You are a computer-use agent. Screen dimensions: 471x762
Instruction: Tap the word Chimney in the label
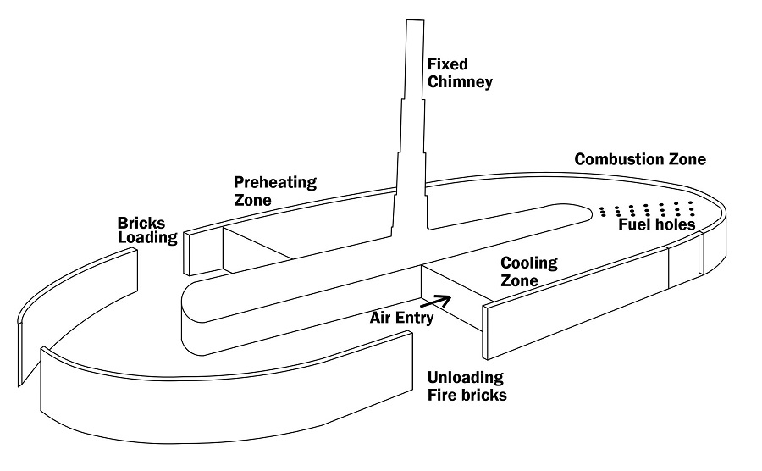(460, 82)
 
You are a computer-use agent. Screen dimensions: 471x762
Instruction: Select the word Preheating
(275, 182)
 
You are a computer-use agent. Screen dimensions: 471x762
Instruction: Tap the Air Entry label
(402, 319)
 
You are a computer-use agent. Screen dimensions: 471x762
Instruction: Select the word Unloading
(466, 377)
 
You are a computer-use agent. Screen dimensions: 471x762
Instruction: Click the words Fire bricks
(467, 395)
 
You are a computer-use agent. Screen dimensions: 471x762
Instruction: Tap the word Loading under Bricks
(146, 238)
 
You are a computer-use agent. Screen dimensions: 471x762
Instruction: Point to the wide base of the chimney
(411, 222)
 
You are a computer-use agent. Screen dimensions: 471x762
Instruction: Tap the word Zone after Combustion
(686, 159)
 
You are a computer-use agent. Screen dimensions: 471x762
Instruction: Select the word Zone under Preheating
(252, 200)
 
